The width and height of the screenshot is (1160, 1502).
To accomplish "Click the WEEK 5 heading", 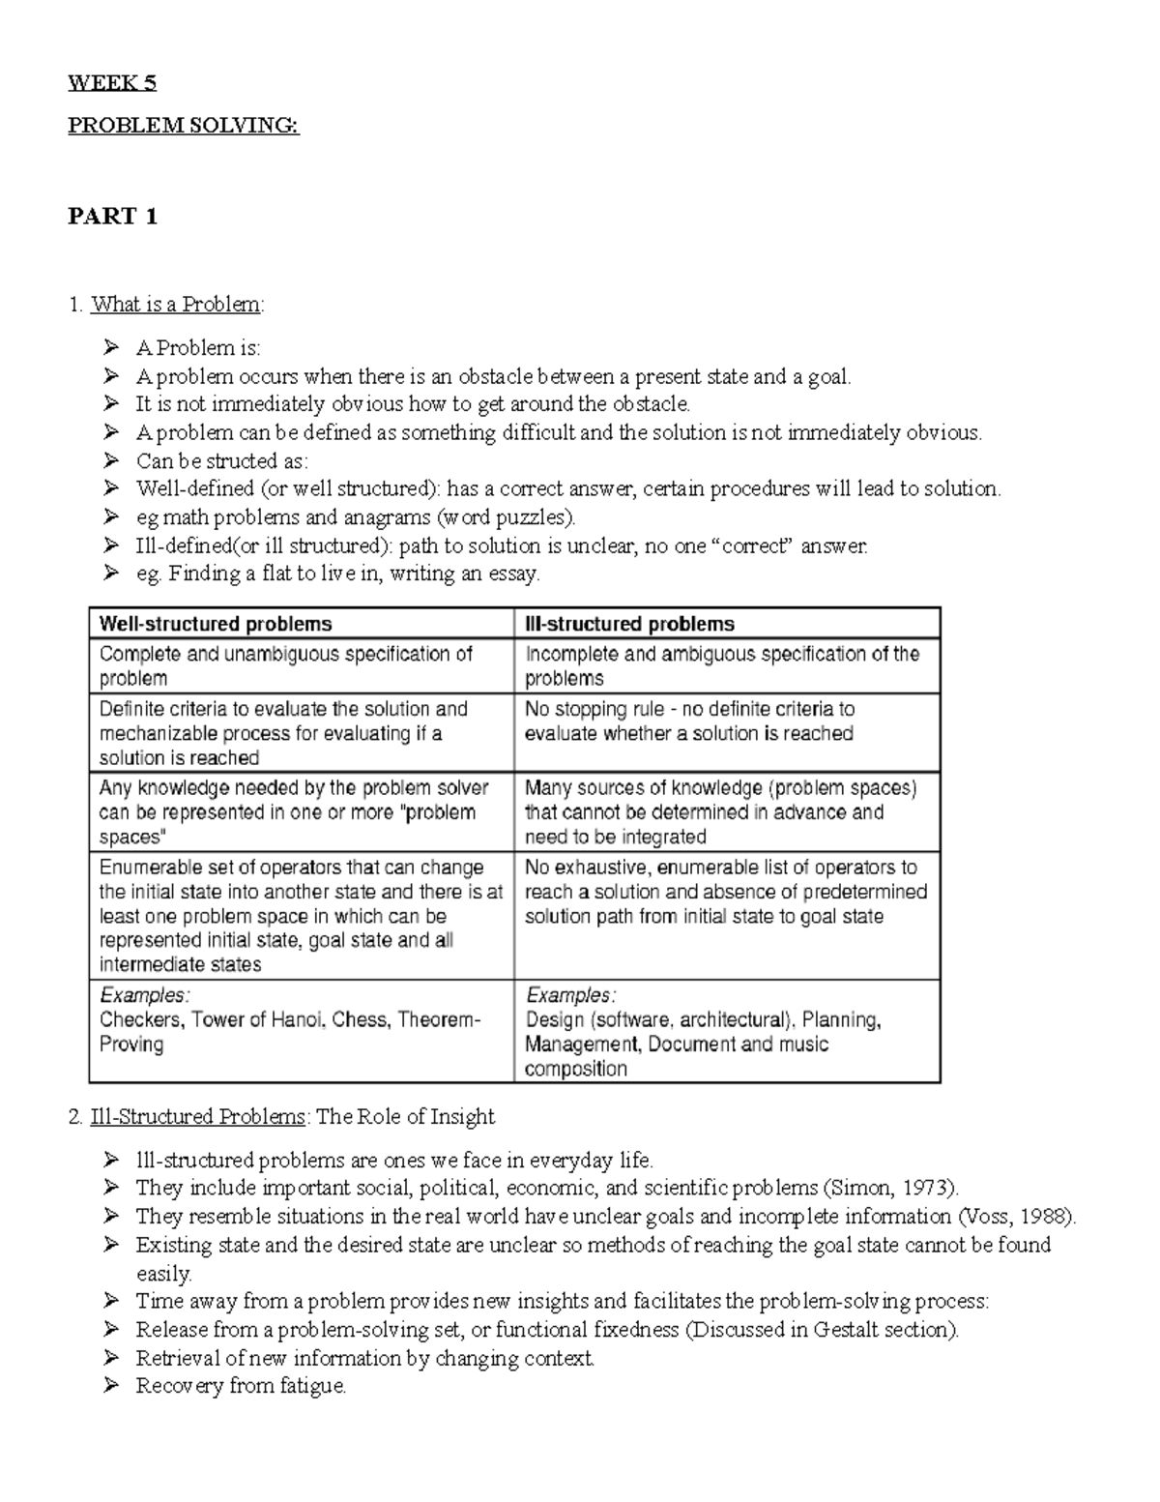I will tap(111, 83).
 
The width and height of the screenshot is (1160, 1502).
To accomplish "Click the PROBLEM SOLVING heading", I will tap(183, 126).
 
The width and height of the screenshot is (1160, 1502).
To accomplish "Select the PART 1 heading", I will tap(112, 217).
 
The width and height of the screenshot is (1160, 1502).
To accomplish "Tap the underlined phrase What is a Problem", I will tap(175, 305).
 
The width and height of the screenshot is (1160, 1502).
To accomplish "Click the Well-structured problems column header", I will tap(216, 624).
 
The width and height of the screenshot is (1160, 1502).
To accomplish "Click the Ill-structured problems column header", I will tap(629, 624).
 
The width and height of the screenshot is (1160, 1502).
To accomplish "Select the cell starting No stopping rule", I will tap(688, 722).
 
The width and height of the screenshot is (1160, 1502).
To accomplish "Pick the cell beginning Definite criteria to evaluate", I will tap(283, 733).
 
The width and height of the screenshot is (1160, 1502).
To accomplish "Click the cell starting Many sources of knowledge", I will tap(720, 811).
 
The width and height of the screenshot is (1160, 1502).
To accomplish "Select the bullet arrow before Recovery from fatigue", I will tap(112, 1386).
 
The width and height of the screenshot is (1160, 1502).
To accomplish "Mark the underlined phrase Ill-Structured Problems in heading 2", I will tap(197, 1117).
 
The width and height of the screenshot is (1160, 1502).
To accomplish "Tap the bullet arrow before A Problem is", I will tap(112, 347).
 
